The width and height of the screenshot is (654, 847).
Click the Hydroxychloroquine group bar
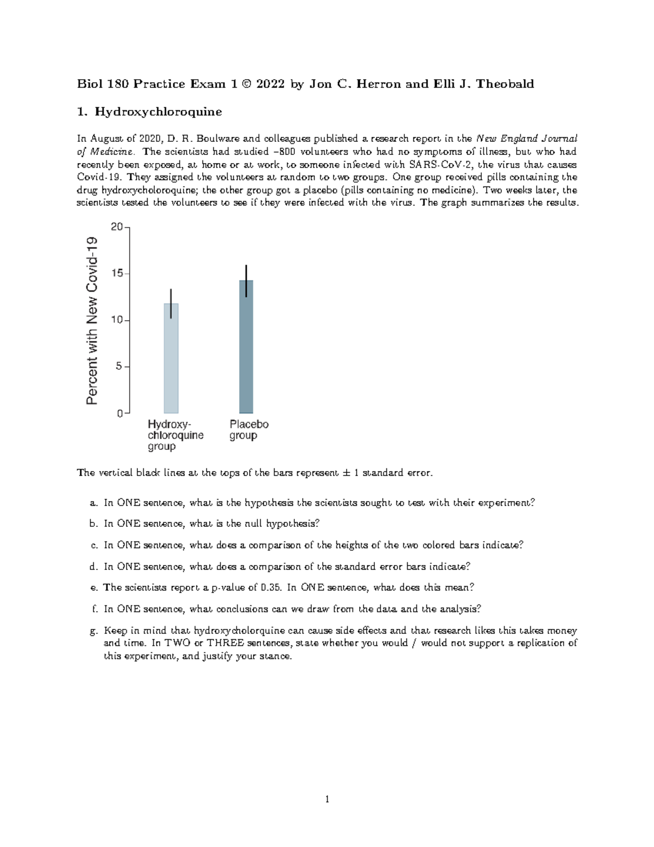coord(171,360)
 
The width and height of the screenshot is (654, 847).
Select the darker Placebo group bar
coord(246,349)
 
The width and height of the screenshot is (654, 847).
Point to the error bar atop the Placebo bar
coord(246,281)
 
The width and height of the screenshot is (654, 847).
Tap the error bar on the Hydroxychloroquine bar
coord(171,303)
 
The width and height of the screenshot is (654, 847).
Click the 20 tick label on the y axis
coord(116,227)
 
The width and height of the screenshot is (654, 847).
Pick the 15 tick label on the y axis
coord(116,273)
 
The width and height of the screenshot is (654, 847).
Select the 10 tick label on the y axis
coord(116,320)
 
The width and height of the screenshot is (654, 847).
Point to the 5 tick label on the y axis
coord(119,367)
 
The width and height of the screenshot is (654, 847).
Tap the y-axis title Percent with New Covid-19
coord(92,320)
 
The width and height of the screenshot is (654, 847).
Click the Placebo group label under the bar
coord(249,430)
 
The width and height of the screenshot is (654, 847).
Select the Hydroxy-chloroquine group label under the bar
coord(175,435)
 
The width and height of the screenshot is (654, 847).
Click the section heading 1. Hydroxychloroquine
coord(149,112)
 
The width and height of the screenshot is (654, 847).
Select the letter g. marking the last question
coord(93,630)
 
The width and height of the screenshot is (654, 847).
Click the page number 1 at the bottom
coord(327,800)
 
